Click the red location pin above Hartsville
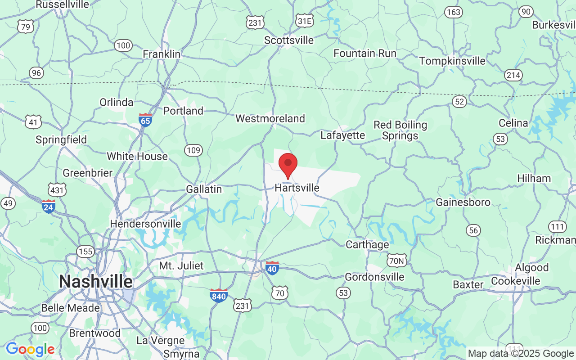(288, 165)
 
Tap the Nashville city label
(96, 282)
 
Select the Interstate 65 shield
(145, 120)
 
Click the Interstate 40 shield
(272, 268)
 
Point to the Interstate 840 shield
(219, 295)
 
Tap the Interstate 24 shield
(48, 206)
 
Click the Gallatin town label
(204, 189)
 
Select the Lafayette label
(342, 135)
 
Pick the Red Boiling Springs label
(400, 130)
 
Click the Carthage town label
(367, 245)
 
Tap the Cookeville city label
(516, 281)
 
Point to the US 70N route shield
(396, 260)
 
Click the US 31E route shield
(305, 21)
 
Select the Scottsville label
(289, 40)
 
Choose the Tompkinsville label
(452, 61)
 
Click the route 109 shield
(193, 150)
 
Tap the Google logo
(30, 349)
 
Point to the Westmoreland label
(270, 118)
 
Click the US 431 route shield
(58, 190)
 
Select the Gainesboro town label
(463, 202)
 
